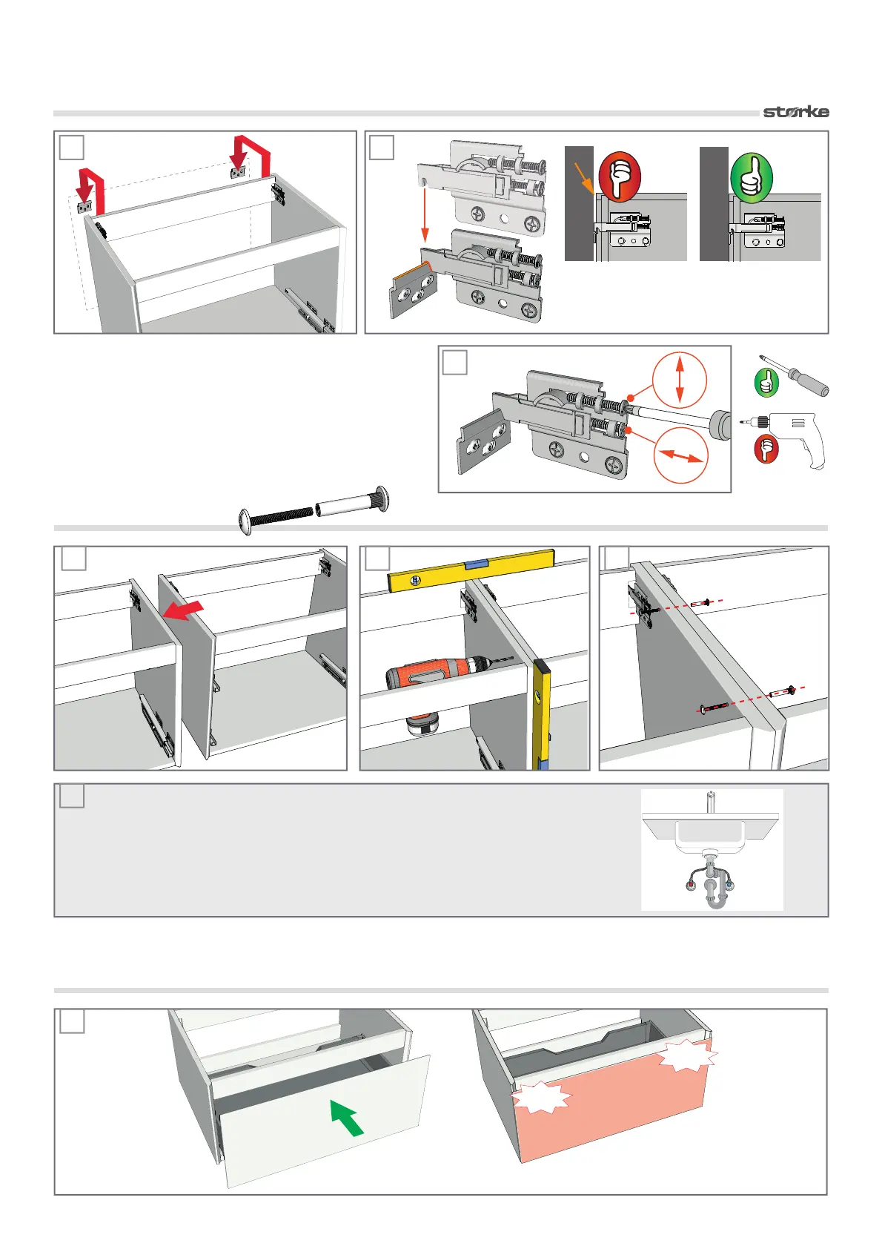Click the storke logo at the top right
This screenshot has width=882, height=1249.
[x=796, y=112]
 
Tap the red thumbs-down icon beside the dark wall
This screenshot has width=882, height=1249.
[x=619, y=177]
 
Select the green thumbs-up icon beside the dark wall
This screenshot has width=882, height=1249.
[x=751, y=177]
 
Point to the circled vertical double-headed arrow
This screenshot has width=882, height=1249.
[x=680, y=379]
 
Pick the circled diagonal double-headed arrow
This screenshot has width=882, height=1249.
[x=680, y=455]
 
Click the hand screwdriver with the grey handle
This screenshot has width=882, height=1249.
[x=796, y=376]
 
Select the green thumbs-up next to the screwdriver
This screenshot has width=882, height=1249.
[x=766, y=383]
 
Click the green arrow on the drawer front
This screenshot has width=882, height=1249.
[x=346, y=1117]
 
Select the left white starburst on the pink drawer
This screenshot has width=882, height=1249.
[x=541, y=1098]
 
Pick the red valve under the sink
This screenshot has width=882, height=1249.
[x=692, y=885]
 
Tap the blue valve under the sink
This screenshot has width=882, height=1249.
[x=731, y=884]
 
